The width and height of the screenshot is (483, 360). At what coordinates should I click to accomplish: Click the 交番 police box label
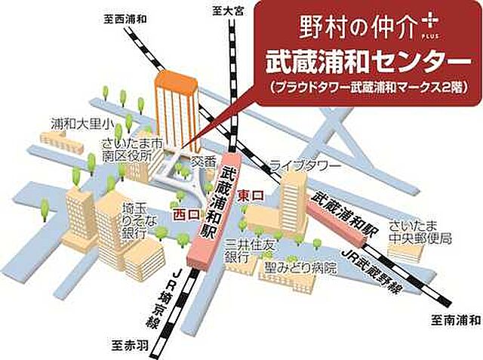pos(203,161)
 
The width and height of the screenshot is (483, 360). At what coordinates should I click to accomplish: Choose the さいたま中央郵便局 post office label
pos(420,232)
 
